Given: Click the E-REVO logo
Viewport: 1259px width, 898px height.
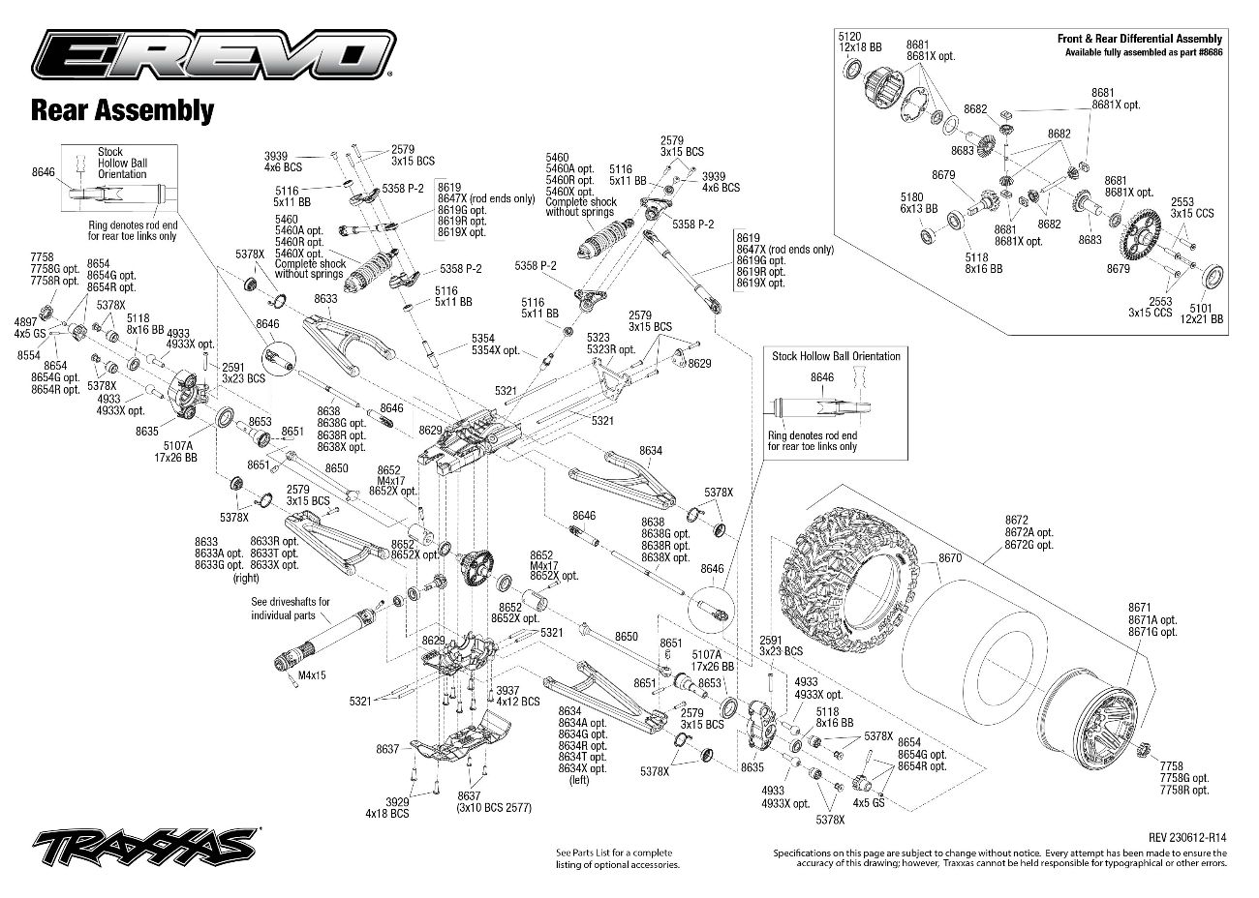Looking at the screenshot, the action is tap(214, 54).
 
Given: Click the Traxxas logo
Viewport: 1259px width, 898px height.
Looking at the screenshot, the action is tap(145, 847).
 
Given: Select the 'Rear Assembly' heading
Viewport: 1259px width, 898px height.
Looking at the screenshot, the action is tap(123, 110).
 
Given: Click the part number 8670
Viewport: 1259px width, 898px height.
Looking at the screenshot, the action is tap(950, 557).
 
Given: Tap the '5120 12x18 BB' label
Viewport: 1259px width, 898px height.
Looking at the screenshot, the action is tap(860, 43).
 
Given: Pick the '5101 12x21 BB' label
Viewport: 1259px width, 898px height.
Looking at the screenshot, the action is tap(1201, 314).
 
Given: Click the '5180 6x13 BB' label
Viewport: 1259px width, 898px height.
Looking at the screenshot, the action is tap(919, 203).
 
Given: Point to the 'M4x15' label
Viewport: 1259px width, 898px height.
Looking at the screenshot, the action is tap(312, 675).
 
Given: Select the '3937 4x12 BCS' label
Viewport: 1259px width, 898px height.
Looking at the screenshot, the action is tap(517, 696).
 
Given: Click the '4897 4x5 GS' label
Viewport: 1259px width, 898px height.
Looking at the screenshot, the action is tap(30, 327).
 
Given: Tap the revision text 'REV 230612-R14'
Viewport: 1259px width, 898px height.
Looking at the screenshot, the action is tap(1187, 837).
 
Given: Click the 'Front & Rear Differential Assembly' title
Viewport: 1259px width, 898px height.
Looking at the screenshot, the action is tap(1140, 39).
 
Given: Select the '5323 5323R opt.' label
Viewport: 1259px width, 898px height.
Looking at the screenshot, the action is tap(611, 344).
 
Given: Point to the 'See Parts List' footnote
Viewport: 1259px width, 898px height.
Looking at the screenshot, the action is tap(618, 858).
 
